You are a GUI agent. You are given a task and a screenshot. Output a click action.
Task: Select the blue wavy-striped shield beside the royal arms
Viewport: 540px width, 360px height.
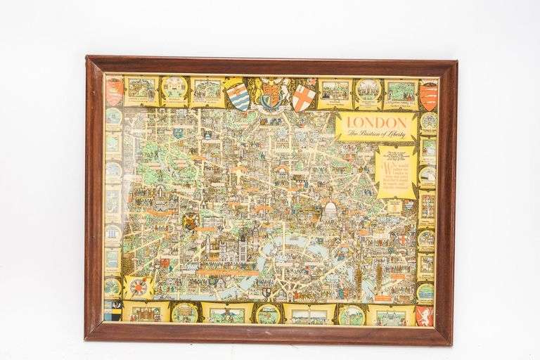[x=238, y=96]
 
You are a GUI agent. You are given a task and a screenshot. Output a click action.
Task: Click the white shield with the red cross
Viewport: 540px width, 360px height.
[x=303, y=97]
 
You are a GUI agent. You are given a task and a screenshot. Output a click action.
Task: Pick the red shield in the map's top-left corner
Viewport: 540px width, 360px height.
[x=115, y=91]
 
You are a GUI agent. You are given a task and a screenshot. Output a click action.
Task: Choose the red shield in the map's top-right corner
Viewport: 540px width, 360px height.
[x=428, y=96]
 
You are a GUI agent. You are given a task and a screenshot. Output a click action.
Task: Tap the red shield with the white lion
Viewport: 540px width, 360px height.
[x=424, y=315]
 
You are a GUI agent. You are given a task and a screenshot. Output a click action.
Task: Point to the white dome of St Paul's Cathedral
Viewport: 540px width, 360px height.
[x=329, y=209]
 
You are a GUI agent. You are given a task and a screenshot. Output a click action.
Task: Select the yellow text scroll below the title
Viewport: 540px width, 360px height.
[x=396, y=172]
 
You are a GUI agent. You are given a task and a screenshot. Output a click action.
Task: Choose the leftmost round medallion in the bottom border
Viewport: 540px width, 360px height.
[x=184, y=312]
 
